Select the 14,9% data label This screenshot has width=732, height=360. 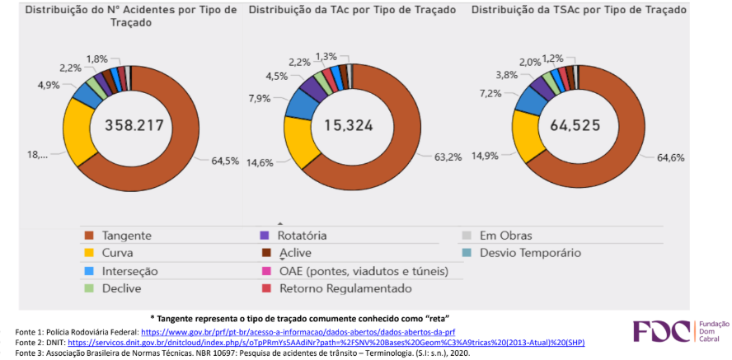click(487, 156)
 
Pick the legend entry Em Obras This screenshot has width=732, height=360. click(505, 235)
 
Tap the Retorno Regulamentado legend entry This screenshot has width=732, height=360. click(344, 288)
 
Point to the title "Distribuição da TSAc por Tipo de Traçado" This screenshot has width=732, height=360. click(578, 11)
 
